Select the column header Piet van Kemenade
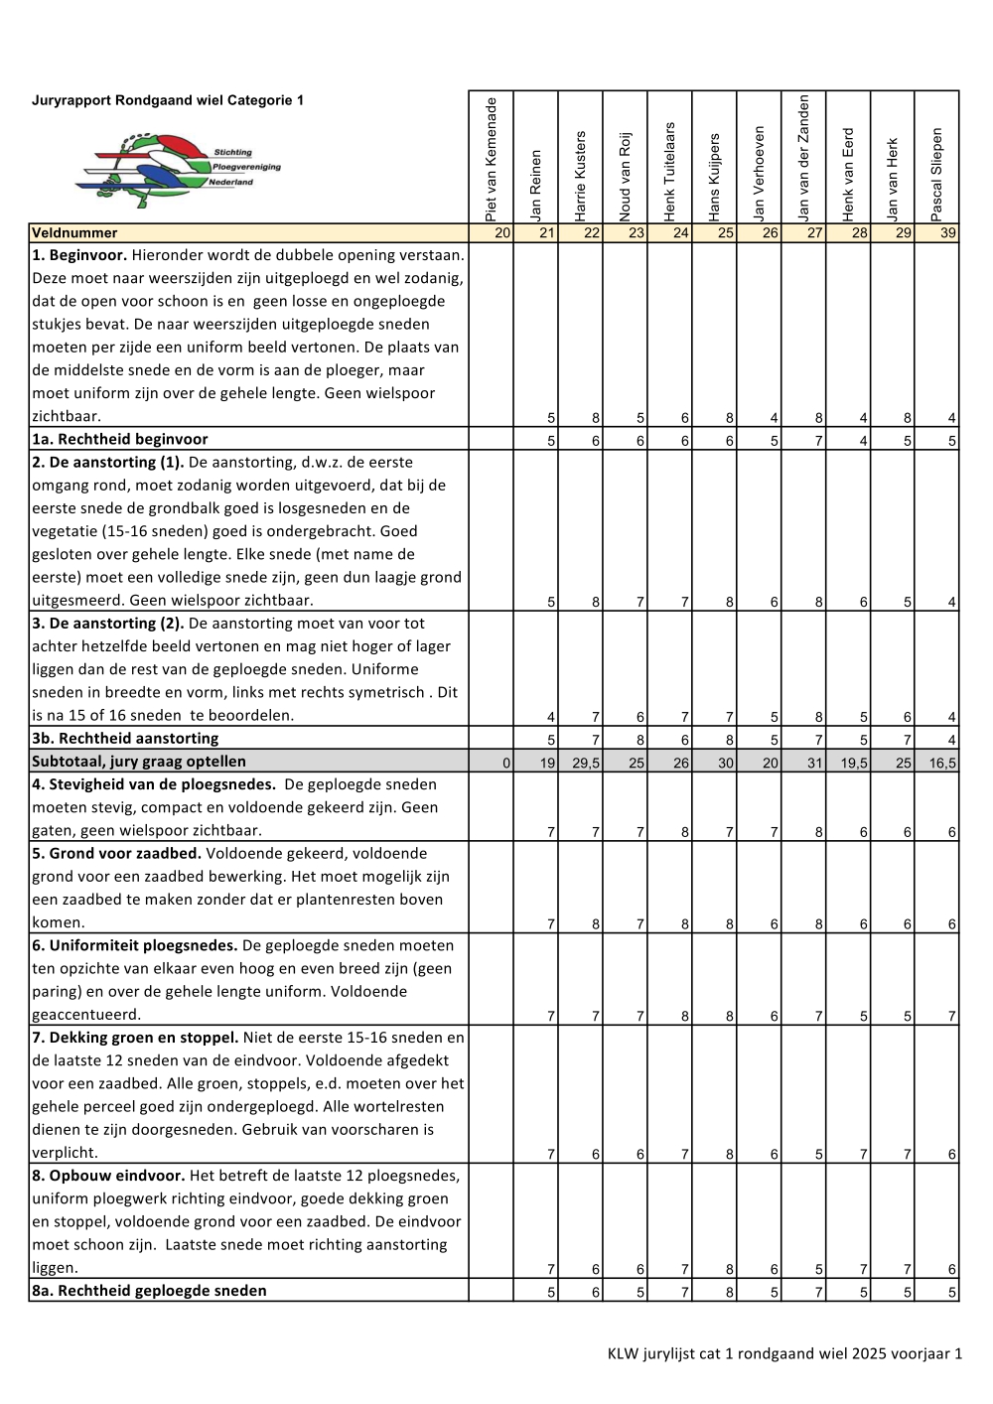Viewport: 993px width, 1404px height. tap(491, 159)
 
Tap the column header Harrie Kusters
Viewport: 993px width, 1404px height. tap(580, 176)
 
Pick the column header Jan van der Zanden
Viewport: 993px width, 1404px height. tap(803, 158)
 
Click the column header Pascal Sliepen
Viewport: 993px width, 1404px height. tap(936, 174)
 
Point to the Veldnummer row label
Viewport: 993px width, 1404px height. tap(74, 233)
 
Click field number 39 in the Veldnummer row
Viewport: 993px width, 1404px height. tap(948, 233)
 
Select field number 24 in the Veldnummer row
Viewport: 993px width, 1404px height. tap(680, 233)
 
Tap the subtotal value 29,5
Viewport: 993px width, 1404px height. tap(586, 763)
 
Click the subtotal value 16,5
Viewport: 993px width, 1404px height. tap(943, 763)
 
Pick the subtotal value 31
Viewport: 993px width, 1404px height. tap(815, 763)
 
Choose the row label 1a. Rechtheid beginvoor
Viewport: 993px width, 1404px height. tap(119, 440)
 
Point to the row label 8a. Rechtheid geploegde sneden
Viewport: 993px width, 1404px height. tap(149, 1291)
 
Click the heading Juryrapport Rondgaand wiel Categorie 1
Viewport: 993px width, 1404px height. tap(168, 100)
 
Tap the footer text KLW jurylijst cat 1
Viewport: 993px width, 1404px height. tap(784, 1353)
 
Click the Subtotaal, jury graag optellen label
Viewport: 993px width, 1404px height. tap(139, 762)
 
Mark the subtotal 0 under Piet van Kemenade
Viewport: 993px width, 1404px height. tap(505, 763)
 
